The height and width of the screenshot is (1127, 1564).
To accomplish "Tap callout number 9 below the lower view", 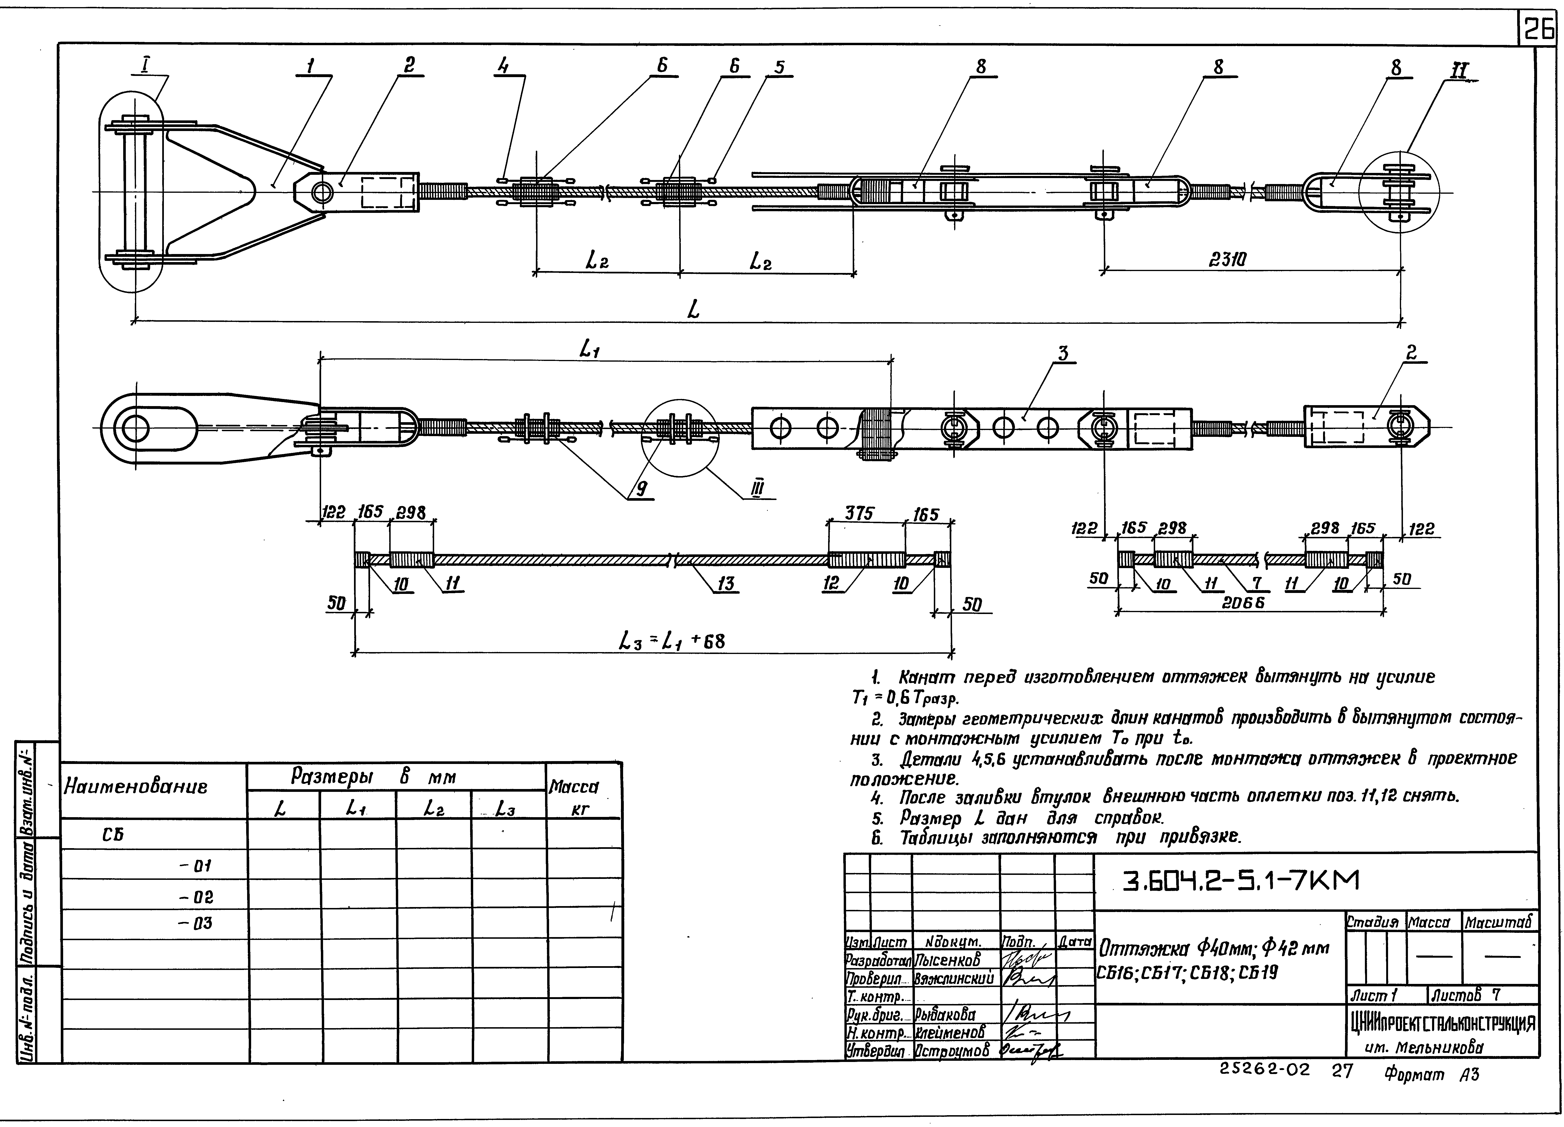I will click(641, 489).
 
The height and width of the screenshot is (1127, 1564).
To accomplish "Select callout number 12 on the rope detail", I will click(832, 583).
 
